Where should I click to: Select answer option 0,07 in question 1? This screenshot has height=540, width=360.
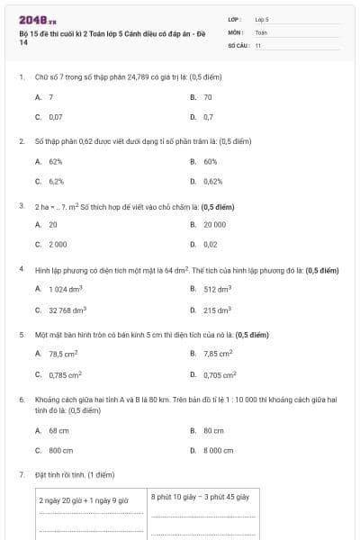point(56,117)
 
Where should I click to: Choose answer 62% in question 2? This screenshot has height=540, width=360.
point(56,161)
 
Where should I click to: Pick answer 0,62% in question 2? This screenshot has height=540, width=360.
point(212,181)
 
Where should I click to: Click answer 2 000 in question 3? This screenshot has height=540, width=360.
point(58,244)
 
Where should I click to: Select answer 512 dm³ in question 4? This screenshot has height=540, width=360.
point(217,289)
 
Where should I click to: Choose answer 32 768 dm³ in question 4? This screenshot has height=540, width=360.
point(67,310)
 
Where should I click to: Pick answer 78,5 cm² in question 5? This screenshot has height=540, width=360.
point(65,355)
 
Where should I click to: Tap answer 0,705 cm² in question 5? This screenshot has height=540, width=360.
point(220,374)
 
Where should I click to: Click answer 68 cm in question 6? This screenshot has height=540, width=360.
point(58,430)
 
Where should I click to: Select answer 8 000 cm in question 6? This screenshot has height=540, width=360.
point(218,450)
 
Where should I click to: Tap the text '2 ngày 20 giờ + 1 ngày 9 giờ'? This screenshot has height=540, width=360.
point(85,499)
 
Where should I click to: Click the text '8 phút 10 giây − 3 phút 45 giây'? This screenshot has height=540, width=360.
point(200,496)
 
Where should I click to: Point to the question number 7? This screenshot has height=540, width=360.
point(21,473)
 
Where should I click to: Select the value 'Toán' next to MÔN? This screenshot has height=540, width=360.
point(261,31)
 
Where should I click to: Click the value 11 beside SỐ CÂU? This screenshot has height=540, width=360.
point(258,44)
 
